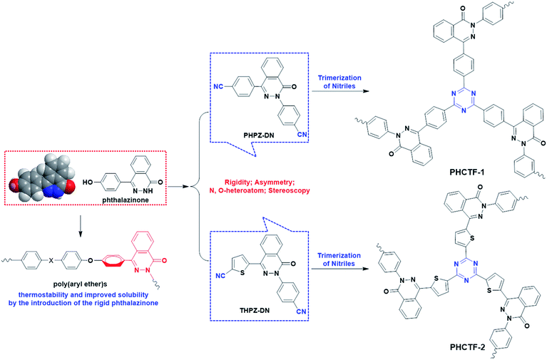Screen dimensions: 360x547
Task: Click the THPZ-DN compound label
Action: point(252,320)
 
